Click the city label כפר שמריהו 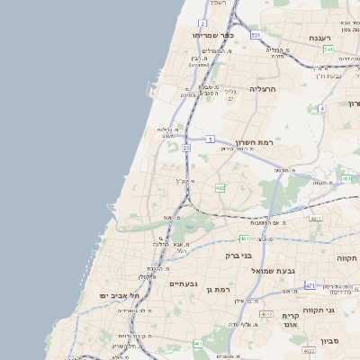click(x=213, y=35)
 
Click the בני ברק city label click(x=240, y=256)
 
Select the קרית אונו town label click(x=290, y=321)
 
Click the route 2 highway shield click(x=203, y=23)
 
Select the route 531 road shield click(x=256, y=35)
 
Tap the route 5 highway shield click(x=210, y=139)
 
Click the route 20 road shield click(x=185, y=146)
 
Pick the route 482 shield click(x=220, y=188)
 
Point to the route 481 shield click(x=244, y=238)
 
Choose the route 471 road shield click(x=310, y=285)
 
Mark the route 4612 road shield click(x=265, y=313)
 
